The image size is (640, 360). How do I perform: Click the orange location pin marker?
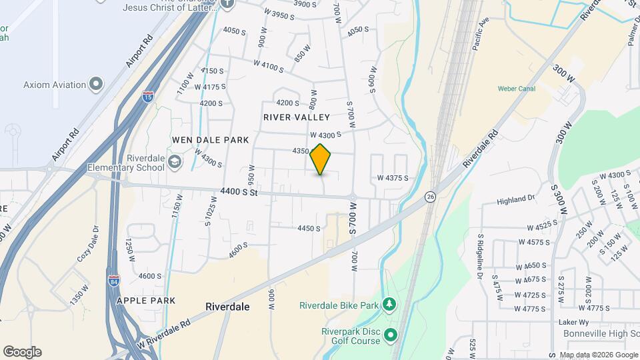point(321,159)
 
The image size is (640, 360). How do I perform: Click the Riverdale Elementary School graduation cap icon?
point(175,161)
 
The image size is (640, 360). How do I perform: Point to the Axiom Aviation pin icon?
point(97,85)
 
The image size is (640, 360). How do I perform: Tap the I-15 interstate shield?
point(147,97)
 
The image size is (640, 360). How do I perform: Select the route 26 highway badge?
point(431,197)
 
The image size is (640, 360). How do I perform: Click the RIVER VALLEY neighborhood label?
point(297,117)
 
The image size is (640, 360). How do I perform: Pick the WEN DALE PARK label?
point(210,140)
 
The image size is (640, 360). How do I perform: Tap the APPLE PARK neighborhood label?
point(146,301)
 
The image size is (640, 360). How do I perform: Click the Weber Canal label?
point(517,89)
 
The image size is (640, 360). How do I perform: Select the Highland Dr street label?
point(516,199)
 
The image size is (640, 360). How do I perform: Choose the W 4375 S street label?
point(392,178)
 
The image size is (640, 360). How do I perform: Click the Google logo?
point(22,352)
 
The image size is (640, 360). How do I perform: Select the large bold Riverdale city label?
point(227,307)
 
